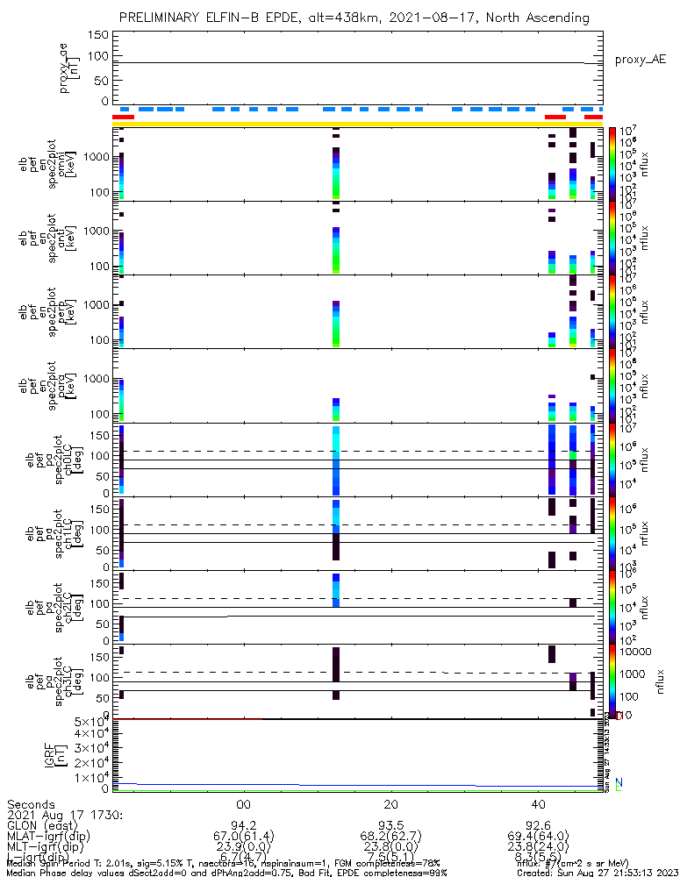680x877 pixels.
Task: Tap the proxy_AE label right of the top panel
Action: (x=641, y=60)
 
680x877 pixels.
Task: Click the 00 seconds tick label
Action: (x=244, y=804)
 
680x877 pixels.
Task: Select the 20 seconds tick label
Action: (x=391, y=804)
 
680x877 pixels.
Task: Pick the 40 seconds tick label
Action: (x=539, y=804)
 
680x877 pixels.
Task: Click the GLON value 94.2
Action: (x=244, y=825)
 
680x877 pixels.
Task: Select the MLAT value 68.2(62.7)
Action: (x=391, y=837)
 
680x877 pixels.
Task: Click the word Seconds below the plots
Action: (x=31, y=804)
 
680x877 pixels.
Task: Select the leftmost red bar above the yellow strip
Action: (x=123, y=117)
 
